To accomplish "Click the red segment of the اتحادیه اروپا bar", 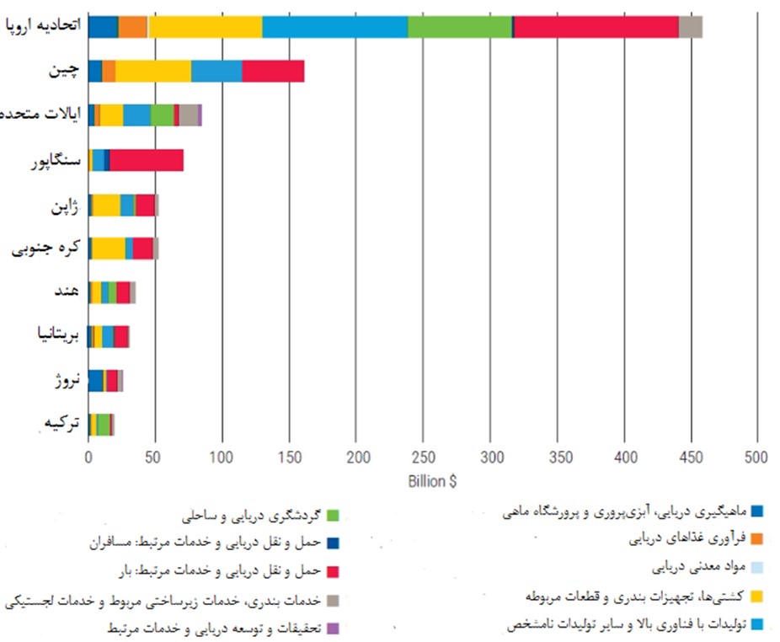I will point(596,26).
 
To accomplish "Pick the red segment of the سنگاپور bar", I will point(147,160).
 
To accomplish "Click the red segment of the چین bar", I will point(273,71).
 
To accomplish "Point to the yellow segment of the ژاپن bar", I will point(106,205).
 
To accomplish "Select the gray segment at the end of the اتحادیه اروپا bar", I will point(691,26).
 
